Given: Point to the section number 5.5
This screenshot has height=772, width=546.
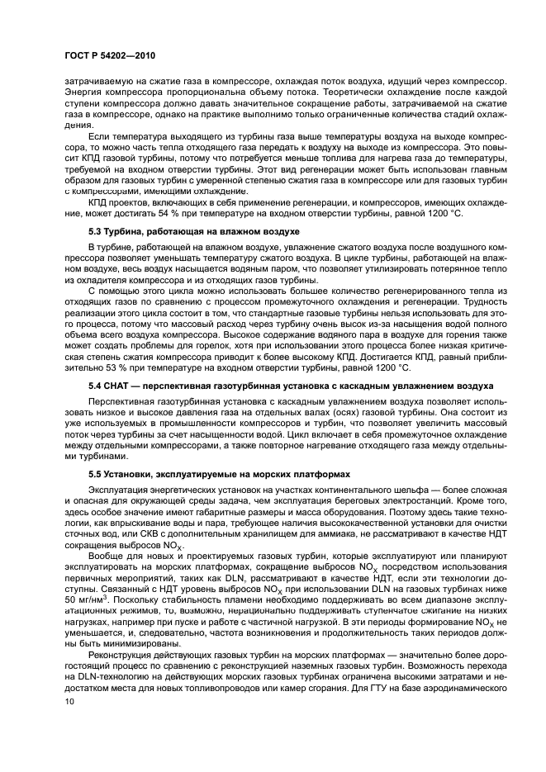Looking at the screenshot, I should coord(97,475).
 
